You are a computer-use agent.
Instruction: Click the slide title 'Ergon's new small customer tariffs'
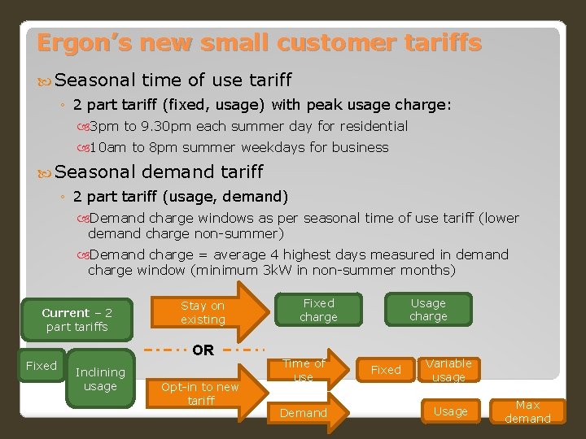[259, 42]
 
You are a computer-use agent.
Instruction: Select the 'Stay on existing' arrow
[208, 312]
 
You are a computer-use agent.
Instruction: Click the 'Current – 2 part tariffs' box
[77, 319]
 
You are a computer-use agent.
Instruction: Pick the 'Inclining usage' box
[100, 379]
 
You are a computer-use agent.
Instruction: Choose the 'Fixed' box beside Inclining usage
[42, 366]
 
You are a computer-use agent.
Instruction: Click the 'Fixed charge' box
[318, 310]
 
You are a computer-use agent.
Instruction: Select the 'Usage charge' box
[428, 310]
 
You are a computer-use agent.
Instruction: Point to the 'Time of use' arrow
[305, 371]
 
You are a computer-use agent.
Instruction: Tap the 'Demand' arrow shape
[305, 413]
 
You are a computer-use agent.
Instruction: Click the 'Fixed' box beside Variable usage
[386, 370]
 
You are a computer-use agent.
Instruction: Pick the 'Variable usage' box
[448, 370]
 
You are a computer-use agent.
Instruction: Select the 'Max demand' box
[527, 411]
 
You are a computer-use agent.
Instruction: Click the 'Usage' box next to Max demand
[450, 411]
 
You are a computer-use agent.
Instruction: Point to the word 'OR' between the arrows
[203, 350]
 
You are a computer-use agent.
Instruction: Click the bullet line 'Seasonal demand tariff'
[159, 172]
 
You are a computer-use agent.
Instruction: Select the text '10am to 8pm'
[130, 147]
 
